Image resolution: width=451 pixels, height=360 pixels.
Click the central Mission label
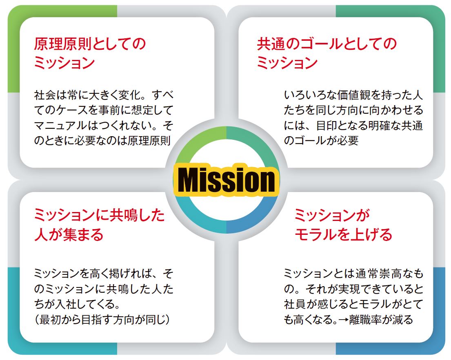pos(227,180)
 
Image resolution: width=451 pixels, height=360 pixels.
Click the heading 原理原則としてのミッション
pos(90,53)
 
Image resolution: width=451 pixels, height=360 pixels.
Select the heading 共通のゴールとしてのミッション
pos(327,53)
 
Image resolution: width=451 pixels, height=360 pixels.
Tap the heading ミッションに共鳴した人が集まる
pos(99,225)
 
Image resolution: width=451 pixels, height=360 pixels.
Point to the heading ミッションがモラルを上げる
pos(343,225)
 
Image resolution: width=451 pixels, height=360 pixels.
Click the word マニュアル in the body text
pos(60,126)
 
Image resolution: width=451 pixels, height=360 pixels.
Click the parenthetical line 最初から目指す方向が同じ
pos(102,320)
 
